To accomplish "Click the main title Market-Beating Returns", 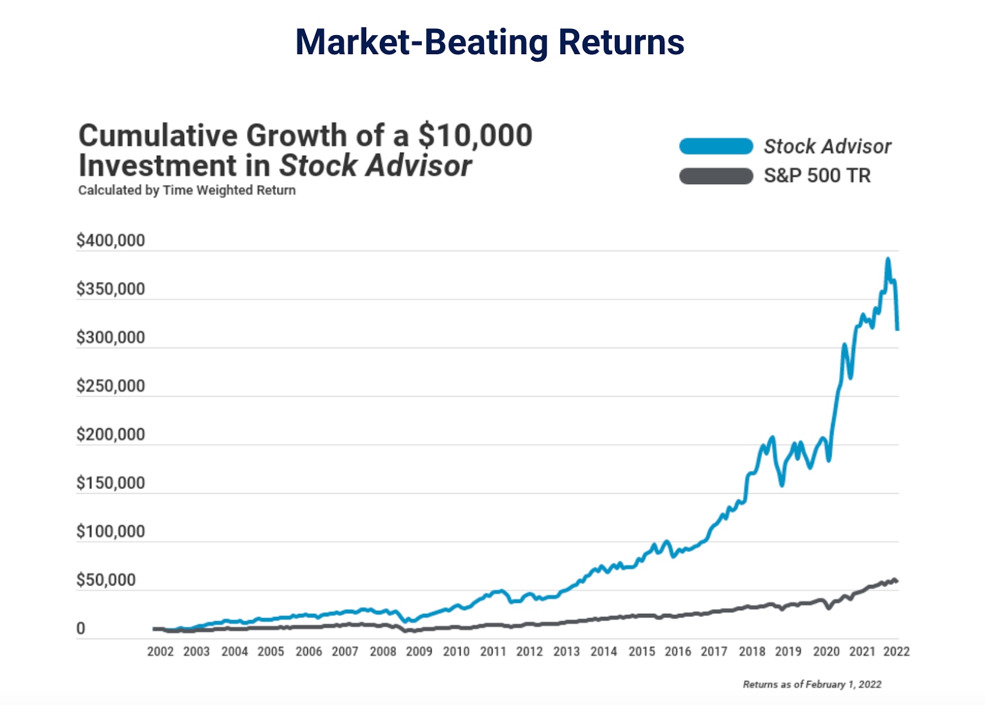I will pos(489,42).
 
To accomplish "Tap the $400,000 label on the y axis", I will pos(111,240).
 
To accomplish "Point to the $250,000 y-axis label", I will pos(111,386).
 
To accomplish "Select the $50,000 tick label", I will pos(106,580).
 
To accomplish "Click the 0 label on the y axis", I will pos(81,629).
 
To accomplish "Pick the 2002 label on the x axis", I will pos(160,651).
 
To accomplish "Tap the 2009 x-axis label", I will pos(419,651).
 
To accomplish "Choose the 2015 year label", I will pos(641,651).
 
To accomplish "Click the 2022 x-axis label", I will pos(896,651).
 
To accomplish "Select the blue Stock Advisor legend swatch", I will pos(716,147).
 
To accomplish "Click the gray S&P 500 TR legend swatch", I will pos(716,176).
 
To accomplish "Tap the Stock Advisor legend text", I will pos(827,147).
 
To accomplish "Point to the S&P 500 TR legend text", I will pos(817,176).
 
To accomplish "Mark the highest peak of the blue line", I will pos(888,259).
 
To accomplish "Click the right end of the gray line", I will pos(896,581).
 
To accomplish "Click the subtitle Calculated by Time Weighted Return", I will pos(187,190).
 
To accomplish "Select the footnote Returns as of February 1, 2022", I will pos(812,684).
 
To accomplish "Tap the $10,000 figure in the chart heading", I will pos(475,135).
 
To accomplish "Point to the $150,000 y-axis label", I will pos(111,483).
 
